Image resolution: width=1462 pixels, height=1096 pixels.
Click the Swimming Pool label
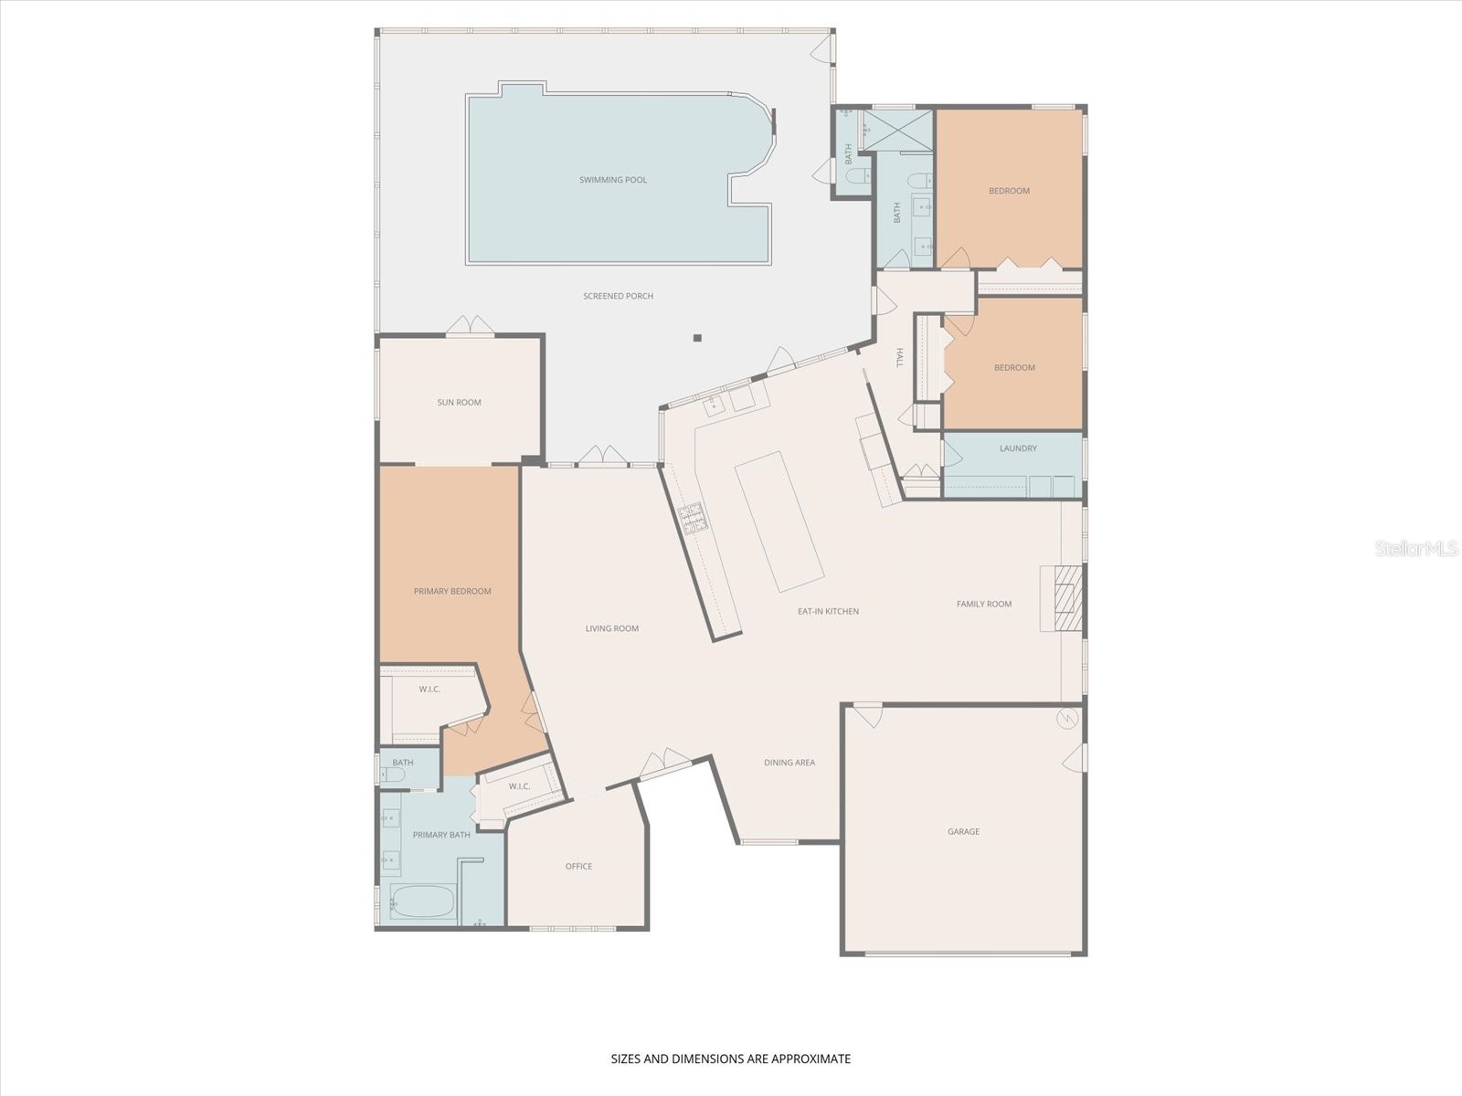pyautogui.click(x=613, y=180)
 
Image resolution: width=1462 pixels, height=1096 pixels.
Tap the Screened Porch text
pyautogui.click(x=618, y=296)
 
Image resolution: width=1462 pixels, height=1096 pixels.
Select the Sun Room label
pyautogui.click(x=459, y=403)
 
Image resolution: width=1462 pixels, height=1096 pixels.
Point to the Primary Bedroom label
pyautogui.click(x=452, y=592)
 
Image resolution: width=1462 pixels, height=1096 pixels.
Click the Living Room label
pyautogui.click(x=612, y=629)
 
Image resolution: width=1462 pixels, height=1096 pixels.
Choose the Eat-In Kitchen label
pyautogui.click(x=829, y=612)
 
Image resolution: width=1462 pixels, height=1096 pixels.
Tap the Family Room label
pyautogui.click(x=984, y=605)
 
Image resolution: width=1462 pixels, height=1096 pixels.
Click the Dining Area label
pyautogui.click(x=789, y=763)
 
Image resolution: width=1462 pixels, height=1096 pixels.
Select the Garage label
pyautogui.click(x=964, y=832)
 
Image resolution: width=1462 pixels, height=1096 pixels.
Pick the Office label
pyautogui.click(x=578, y=867)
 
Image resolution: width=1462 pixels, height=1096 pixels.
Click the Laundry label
pyautogui.click(x=1019, y=448)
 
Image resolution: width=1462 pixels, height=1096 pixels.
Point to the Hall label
pyautogui.click(x=899, y=358)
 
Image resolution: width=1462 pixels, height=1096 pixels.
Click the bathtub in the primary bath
pyautogui.click(x=422, y=902)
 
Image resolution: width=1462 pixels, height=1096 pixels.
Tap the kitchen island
pyautogui.click(x=779, y=522)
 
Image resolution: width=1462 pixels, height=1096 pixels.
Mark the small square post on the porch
pyautogui.click(x=697, y=338)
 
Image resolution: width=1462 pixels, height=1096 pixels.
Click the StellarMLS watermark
pyautogui.click(x=1416, y=549)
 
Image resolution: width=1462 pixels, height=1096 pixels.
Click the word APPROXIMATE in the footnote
pyautogui.click(x=811, y=1059)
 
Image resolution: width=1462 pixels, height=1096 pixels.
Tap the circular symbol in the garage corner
pyautogui.click(x=1067, y=718)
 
